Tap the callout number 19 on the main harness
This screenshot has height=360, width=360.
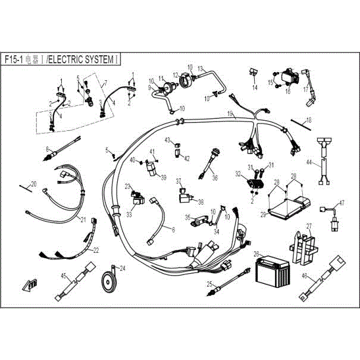230,112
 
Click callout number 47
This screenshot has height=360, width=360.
342,204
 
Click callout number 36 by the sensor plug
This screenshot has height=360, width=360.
215,177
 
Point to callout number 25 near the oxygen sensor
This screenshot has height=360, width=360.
209,283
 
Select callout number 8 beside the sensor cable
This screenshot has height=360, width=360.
46,148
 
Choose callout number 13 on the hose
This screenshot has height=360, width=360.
201,68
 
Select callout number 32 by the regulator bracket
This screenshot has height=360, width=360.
238,175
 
